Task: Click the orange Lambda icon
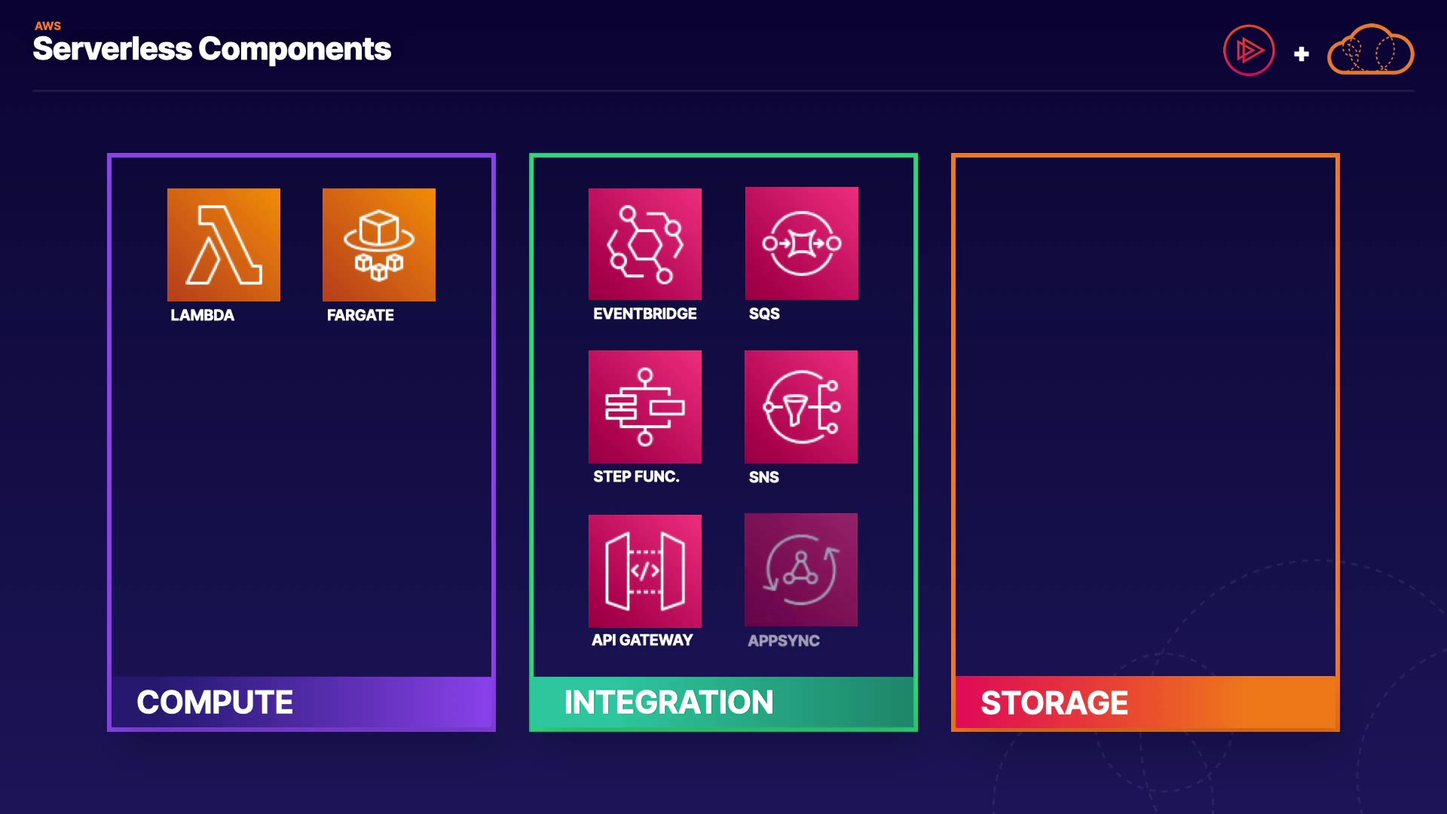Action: point(224,245)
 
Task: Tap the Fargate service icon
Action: point(379,245)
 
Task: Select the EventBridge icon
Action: point(645,244)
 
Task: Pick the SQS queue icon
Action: point(802,243)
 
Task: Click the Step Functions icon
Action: point(645,407)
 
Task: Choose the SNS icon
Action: point(801,407)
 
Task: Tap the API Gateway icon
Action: point(645,571)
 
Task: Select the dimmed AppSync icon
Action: point(801,570)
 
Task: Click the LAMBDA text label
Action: point(202,315)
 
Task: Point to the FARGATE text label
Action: point(360,315)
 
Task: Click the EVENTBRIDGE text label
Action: point(644,314)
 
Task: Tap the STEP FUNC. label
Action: point(636,476)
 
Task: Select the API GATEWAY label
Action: point(642,640)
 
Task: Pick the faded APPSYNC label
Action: point(784,641)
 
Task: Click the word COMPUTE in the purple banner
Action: point(215,702)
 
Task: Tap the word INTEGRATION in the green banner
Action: point(668,702)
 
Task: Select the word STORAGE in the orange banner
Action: point(1054,703)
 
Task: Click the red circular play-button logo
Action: point(1249,50)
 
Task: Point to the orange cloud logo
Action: point(1370,50)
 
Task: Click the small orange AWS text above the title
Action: point(47,26)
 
